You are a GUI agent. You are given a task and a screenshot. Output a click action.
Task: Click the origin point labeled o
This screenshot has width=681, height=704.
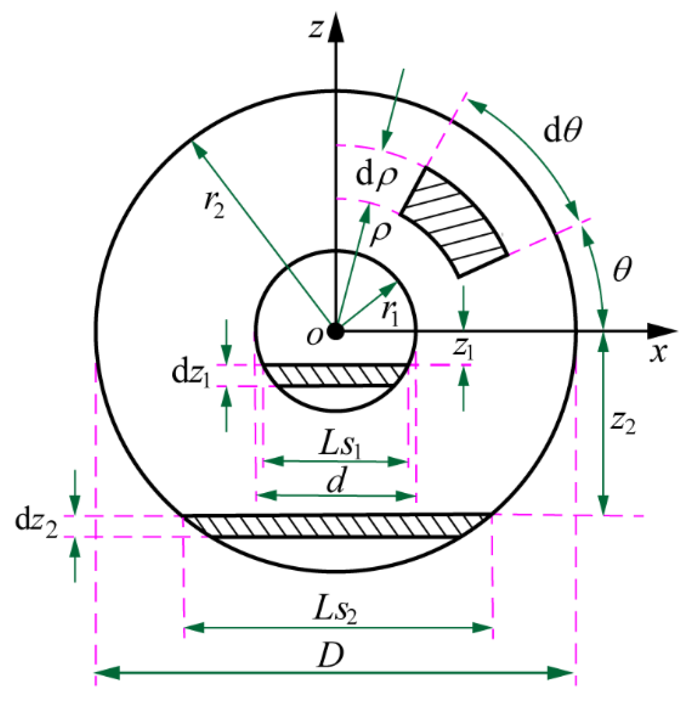(x=335, y=331)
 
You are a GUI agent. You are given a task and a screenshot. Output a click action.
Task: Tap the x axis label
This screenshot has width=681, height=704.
(x=658, y=353)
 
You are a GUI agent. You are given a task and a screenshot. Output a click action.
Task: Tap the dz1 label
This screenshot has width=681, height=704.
(x=191, y=374)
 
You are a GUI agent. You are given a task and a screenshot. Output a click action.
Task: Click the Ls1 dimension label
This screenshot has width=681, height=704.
(x=339, y=445)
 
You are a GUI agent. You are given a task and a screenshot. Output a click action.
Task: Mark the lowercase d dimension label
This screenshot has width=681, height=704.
(x=336, y=482)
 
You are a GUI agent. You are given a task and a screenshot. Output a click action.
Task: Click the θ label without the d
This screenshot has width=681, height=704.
(x=622, y=269)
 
